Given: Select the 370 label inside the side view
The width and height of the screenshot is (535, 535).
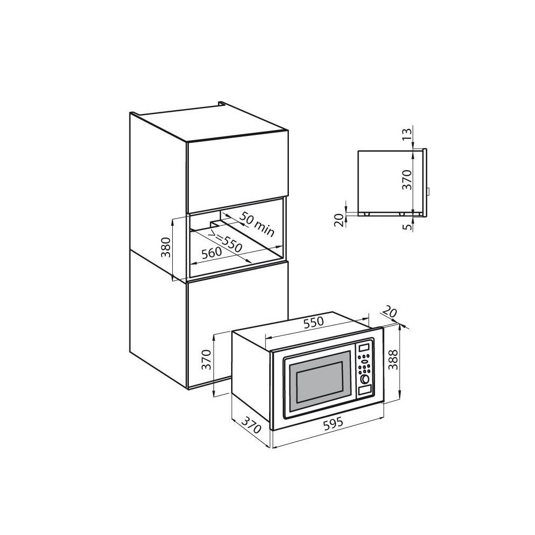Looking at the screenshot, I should (x=408, y=180).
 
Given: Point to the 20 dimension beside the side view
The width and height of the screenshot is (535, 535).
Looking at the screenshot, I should (x=339, y=219).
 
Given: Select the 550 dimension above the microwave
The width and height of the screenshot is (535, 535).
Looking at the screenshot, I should (x=314, y=323).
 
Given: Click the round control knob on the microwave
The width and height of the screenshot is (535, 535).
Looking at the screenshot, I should (x=365, y=379).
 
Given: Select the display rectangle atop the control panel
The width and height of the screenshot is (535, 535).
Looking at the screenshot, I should (x=364, y=348).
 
